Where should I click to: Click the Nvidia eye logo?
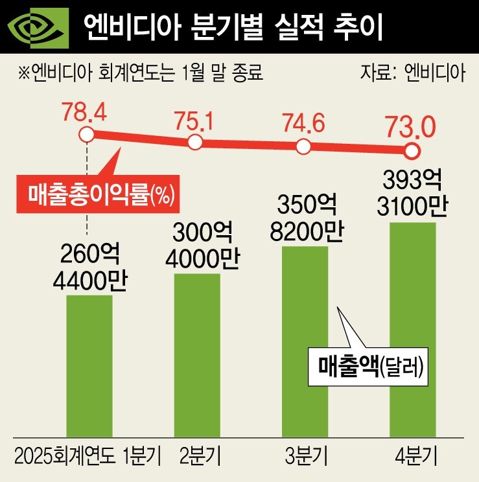coord(37,27)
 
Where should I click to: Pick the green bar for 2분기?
coord(198,354)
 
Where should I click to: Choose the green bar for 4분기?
coord(412,328)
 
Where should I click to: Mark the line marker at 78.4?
coord(86,135)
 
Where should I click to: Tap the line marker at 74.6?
coord(303,146)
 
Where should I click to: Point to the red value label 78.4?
coord(84,111)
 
